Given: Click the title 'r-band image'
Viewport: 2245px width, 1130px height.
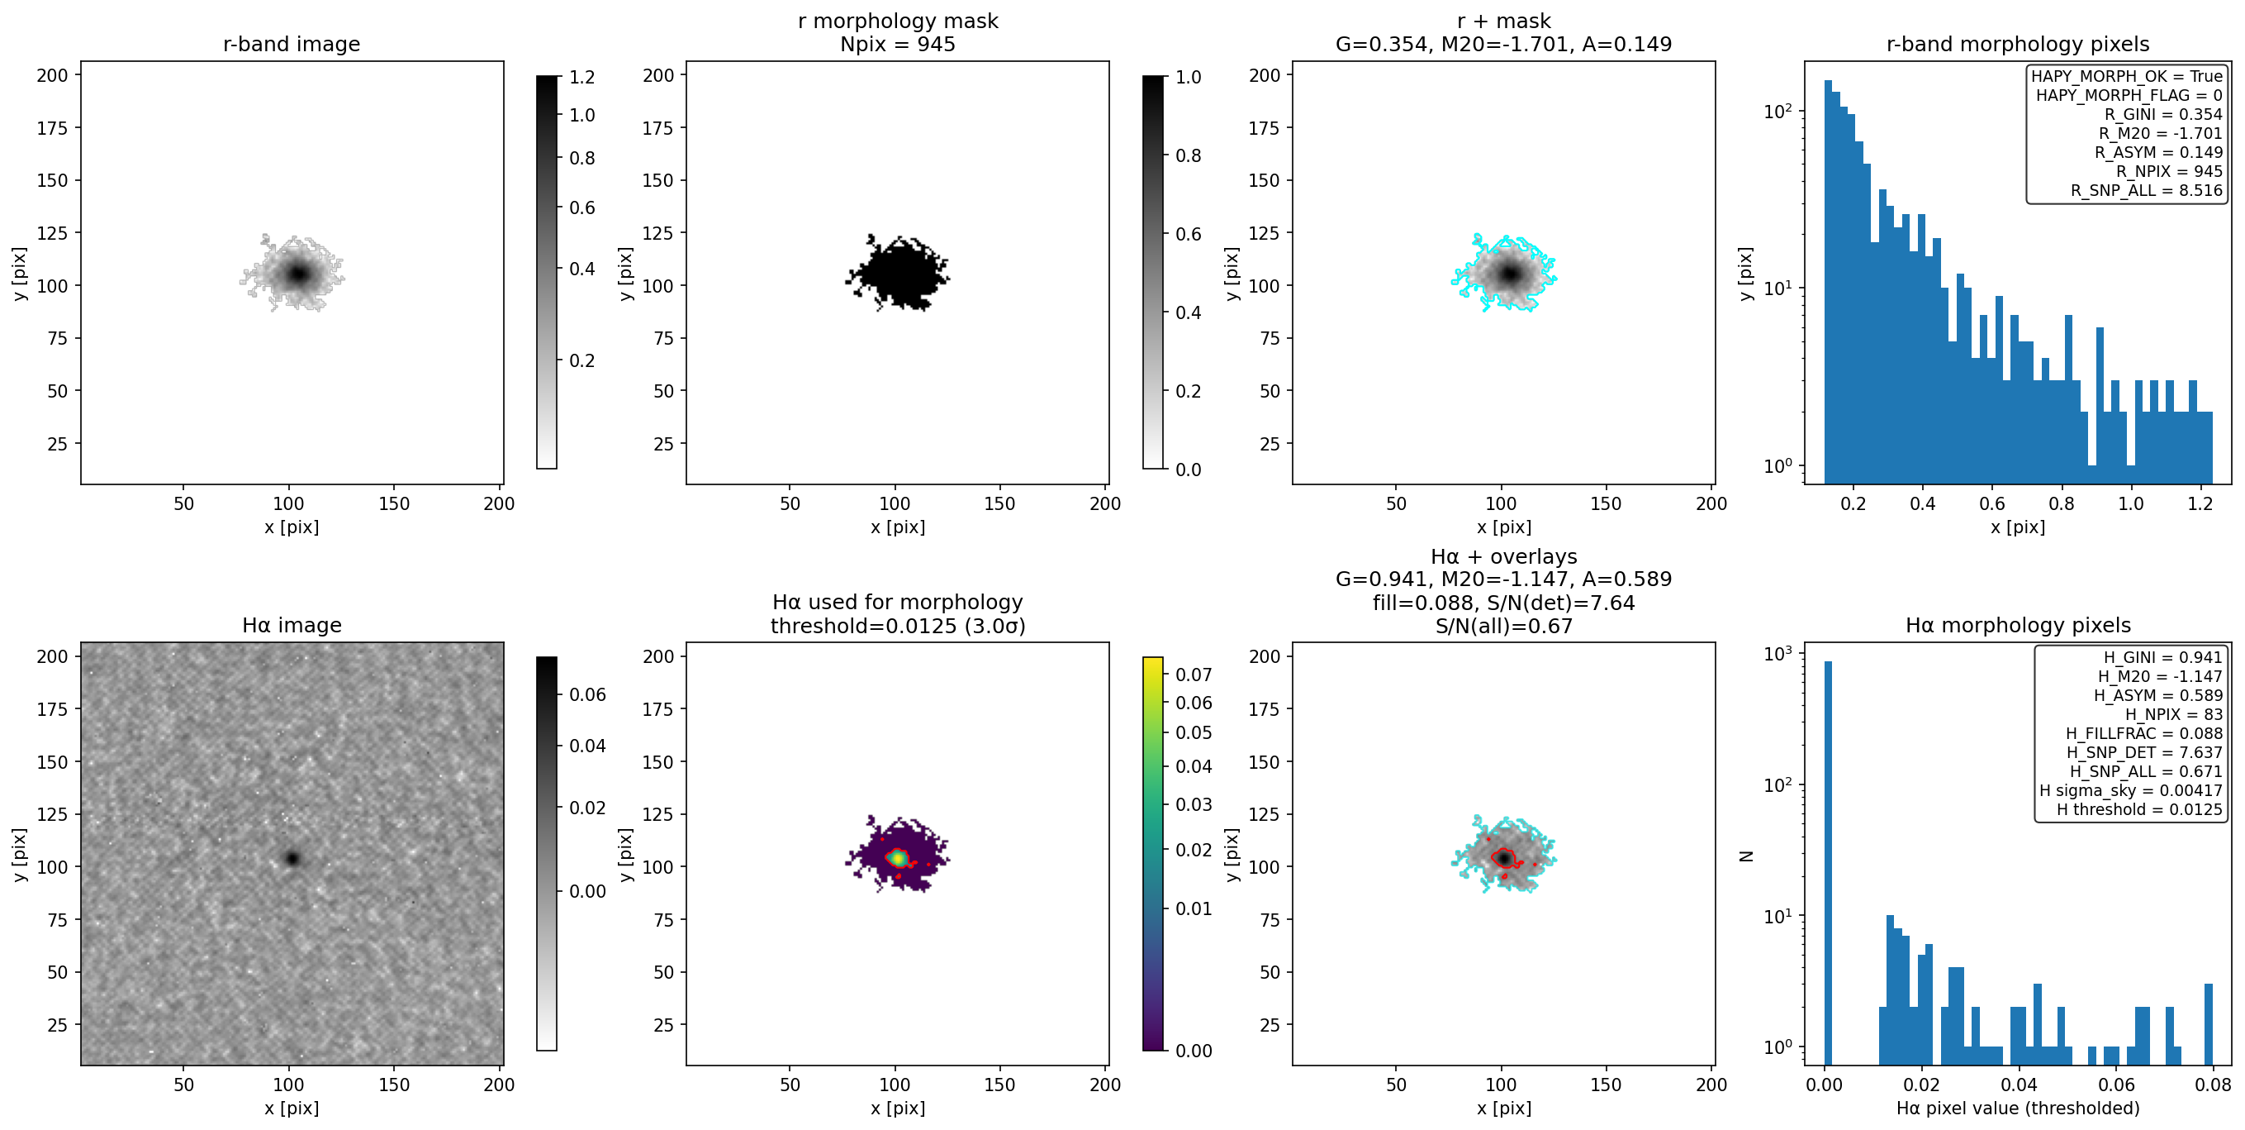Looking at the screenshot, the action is pos(291,44).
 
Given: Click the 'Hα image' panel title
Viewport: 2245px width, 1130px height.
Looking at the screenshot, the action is pos(291,625).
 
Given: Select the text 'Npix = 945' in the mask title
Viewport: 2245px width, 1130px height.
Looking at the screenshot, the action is pos(898,44).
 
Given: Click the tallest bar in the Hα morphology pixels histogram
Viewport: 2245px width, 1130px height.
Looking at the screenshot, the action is pos(1828,863).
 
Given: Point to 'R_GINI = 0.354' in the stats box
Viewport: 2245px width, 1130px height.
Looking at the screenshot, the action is pos(2163,114).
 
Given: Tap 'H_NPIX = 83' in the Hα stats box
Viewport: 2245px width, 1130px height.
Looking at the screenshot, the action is pos(2173,714).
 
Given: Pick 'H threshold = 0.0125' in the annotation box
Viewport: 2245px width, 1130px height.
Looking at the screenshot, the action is pos(2139,809).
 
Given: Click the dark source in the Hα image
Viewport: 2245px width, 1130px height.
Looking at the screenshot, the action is pos(292,859).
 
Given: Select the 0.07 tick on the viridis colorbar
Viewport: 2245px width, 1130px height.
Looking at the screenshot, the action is pos(1193,675).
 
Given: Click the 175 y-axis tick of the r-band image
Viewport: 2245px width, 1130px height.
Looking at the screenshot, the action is pos(51,128).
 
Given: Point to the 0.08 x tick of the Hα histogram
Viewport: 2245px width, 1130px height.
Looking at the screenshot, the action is pos(2212,1085).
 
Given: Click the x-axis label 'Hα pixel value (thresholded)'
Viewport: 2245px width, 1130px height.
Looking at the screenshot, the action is pos(2018,1109).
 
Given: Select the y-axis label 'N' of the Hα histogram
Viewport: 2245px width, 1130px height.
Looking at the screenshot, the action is pos(1745,856).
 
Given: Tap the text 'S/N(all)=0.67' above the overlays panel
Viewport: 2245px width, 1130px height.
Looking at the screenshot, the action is pos(1503,626).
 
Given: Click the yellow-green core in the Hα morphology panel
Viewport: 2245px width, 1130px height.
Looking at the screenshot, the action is pos(897,858).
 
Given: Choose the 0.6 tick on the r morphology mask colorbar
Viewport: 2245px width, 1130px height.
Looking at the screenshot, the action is pos(1188,234).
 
